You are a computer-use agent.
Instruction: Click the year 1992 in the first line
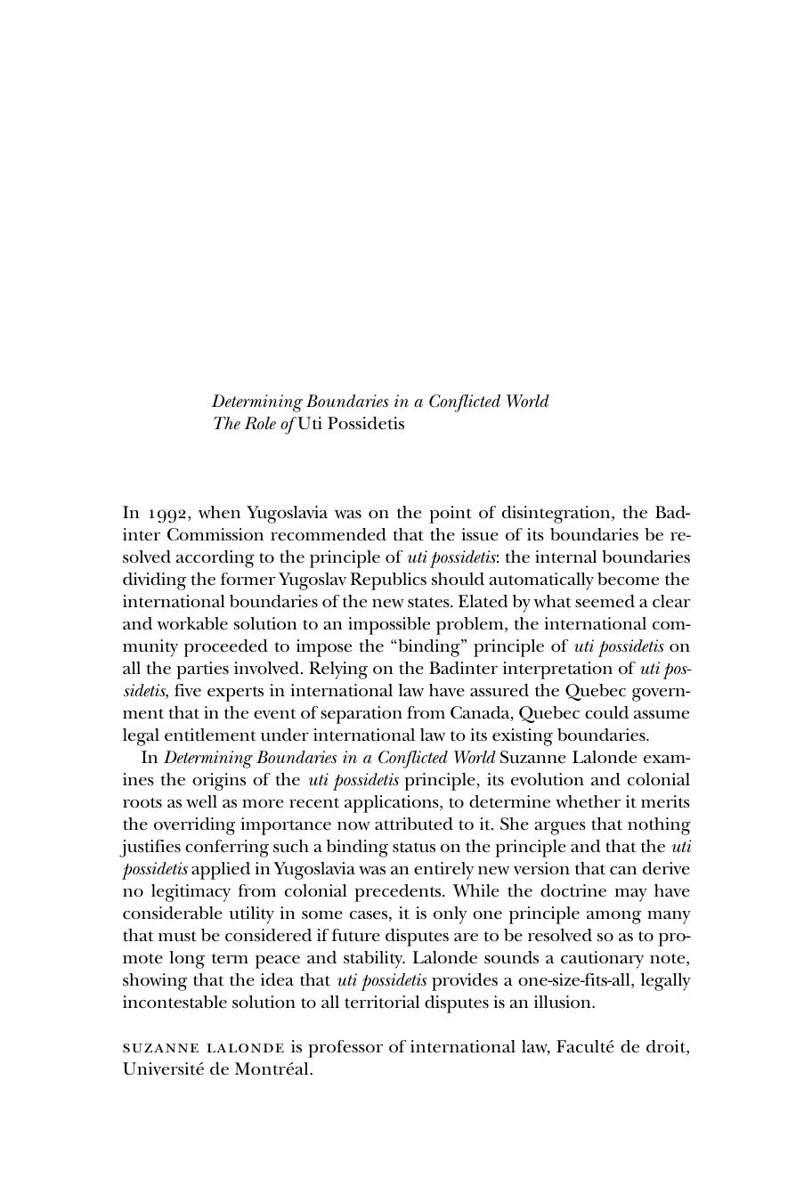click(168, 514)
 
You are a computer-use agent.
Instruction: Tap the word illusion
click(559, 1003)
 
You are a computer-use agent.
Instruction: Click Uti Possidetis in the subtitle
click(351, 424)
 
